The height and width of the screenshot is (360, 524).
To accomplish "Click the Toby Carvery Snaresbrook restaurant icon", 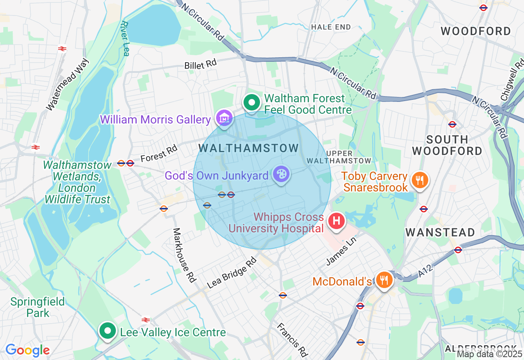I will coord(420,180).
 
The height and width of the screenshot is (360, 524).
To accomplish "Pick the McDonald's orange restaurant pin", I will coord(384,280).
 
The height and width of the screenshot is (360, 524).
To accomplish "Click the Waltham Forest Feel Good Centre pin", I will coord(252,103).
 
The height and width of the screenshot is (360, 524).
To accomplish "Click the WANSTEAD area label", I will coord(440,232).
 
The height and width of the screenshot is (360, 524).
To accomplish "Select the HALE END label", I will coord(331,27).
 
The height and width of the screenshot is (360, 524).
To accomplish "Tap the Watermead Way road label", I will coord(68,85).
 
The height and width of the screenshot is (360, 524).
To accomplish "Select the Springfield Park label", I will coord(38,307).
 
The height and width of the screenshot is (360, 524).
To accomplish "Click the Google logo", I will coord(27,350).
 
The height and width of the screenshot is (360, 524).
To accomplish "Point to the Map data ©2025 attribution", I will coord(490,354).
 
